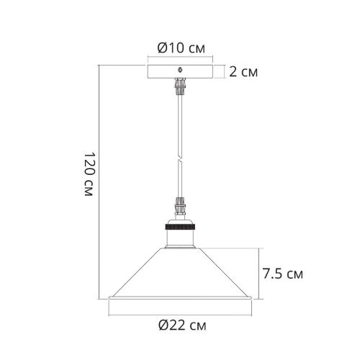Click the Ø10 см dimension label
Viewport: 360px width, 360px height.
181,48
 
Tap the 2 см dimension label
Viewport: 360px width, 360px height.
243,71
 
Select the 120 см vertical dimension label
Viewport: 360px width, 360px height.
89,174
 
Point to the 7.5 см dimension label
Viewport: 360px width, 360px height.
282,274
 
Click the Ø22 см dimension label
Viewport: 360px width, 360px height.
182,325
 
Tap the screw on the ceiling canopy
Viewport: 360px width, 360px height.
180,70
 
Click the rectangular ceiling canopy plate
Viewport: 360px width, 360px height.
180,71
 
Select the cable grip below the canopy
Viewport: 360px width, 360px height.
181,86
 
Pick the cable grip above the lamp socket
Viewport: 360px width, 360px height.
181,206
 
